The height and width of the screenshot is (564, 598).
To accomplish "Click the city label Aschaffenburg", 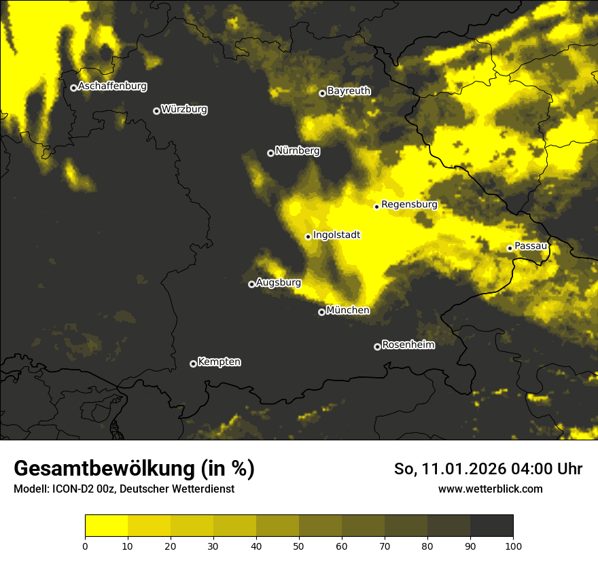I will pyautogui.click(x=112, y=86).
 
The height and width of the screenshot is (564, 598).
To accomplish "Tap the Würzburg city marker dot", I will pyautogui.click(x=156, y=111).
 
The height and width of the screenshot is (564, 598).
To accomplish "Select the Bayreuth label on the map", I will pyautogui.click(x=349, y=91).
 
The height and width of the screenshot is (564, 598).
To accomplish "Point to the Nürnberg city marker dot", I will pyautogui.click(x=270, y=153).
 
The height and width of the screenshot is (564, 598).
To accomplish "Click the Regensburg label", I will pyautogui.click(x=409, y=205).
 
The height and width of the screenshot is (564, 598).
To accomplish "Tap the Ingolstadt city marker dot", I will pyautogui.click(x=308, y=236).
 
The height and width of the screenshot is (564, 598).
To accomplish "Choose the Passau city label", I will pyautogui.click(x=531, y=246).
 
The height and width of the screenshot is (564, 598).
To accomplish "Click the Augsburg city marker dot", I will pyautogui.click(x=251, y=284).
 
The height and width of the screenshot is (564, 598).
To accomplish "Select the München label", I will pyautogui.click(x=348, y=311).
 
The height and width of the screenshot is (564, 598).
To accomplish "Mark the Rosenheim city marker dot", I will pyautogui.click(x=377, y=347).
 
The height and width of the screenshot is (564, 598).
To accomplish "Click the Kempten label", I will pyautogui.click(x=219, y=362).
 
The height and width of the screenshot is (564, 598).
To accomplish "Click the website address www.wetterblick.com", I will pyautogui.click(x=490, y=489).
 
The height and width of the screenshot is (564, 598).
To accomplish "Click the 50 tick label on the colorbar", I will pyautogui.click(x=299, y=545).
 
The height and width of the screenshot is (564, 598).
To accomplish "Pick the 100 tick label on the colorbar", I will pyautogui.click(x=513, y=545).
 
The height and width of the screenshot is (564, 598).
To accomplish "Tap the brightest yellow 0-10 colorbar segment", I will pyautogui.click(x=106, y=526).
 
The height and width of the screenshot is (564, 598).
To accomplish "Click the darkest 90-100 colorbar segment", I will pyautogui.click(x=491, y=526).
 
